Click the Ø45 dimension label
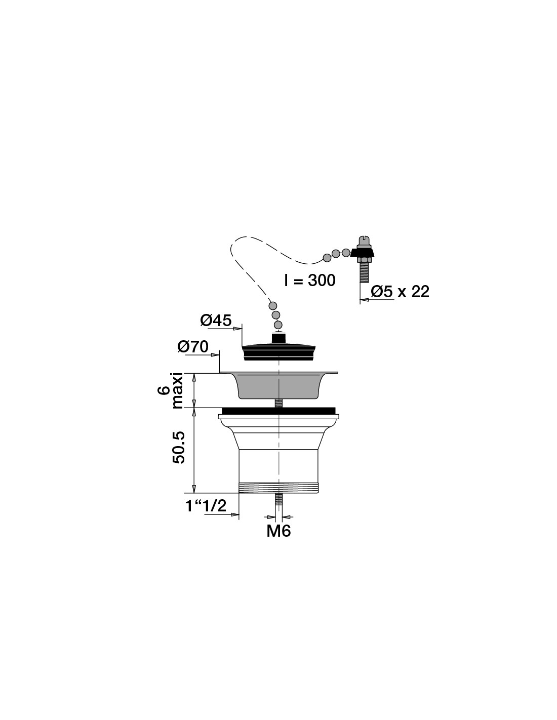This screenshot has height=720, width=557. click(x=216, y=321)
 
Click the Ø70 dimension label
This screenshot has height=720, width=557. click(x=193, y=347)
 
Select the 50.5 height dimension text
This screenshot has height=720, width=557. click(x=179, y=447)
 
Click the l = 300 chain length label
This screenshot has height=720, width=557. click(x=310, y=281)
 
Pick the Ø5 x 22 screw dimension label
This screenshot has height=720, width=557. click(x=400, y=292)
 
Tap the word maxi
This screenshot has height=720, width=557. click(x=178, y=391)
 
